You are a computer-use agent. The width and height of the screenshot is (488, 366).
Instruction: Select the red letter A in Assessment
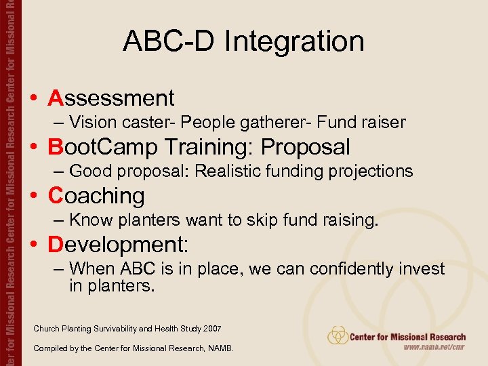[56, 98]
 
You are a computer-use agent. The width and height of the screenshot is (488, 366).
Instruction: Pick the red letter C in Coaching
[56, 196]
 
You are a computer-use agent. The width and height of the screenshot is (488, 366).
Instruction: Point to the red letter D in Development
[56, 245]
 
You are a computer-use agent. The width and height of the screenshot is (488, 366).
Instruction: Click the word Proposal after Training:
[306, 147]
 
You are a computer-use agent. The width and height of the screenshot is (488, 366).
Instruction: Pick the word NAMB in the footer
[219, 348]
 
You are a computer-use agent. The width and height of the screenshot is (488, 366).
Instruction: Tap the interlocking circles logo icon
[338, 335]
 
